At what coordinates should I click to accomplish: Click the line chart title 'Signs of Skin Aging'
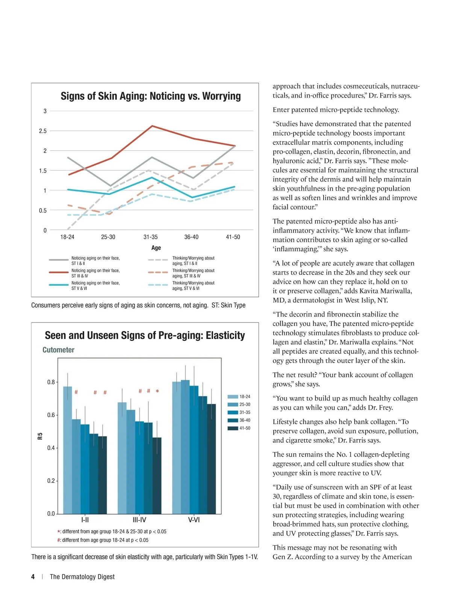pyautogui.click(x=151, y=96)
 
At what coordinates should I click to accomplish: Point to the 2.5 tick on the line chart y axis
pyautogui.click(x=43, y=131)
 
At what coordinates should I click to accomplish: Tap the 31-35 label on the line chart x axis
pyautogui.click(x=150, y=237)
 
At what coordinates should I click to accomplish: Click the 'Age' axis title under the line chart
pyautogui.click(x=156, y=248)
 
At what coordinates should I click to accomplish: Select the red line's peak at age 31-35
pyautogui.click(x=152, y=126)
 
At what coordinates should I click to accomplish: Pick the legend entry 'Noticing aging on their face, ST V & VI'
pyautogui.click(x=95, y=286)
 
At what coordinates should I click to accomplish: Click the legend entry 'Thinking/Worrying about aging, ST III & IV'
pyautogui.click(x=193, y=273)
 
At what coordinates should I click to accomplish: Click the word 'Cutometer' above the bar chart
pyautogui.click(x=58, y=350)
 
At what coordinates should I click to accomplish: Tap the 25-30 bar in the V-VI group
pyautogui.click(x=185, y=447)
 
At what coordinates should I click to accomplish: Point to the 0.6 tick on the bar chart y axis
pyautogui.click(x=51, y=415)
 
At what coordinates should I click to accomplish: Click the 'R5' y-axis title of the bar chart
pyautogui.click(x=40, y=436)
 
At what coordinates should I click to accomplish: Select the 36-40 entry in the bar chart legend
pyautogui.click(x=245, y=421)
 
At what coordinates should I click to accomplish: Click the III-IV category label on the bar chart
pyautogui.click(x=139, y=520)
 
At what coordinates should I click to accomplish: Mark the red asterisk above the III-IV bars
pyautogui.click(x=157, y=392)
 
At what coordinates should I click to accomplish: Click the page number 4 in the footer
pyautogui.click(x=33, y=577)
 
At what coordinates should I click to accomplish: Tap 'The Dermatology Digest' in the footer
pyautogui.click(x=82, y=577)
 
